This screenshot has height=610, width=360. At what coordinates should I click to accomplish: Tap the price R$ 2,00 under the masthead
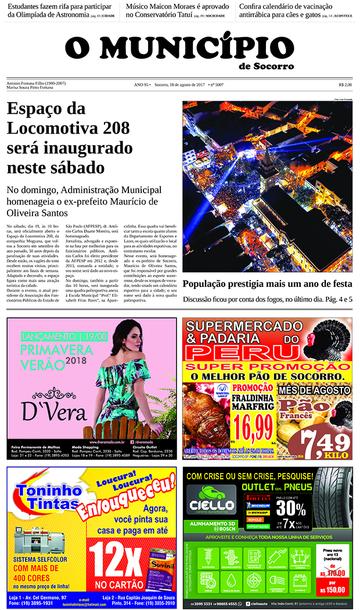pyautogui.click(x=345, y=85)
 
